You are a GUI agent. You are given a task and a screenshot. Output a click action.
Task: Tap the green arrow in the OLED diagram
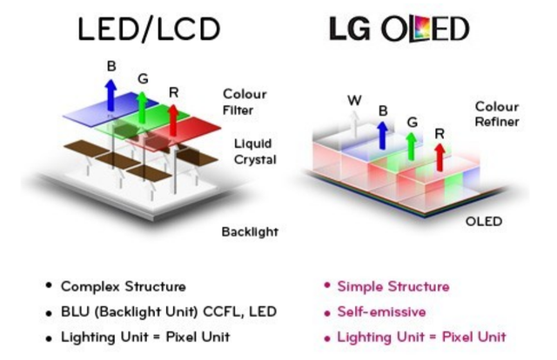412,146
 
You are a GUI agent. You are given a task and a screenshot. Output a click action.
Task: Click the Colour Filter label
245,101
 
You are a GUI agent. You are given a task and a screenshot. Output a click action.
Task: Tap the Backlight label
250,232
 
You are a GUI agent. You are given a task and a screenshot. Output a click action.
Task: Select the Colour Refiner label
497,114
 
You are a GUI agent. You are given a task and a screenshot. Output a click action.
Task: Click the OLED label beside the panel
484,222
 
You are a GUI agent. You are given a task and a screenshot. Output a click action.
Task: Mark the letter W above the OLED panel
354,100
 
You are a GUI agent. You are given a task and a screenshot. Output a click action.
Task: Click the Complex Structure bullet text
123,286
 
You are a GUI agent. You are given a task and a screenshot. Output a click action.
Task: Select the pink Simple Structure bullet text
393,286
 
